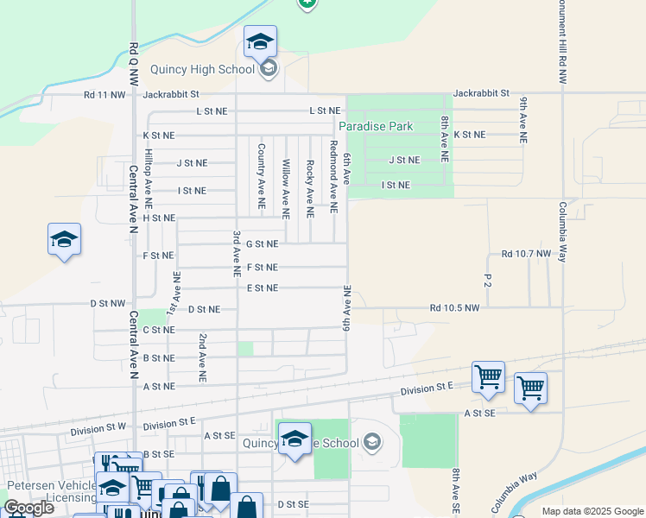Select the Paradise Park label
[376, 126]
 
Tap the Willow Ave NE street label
[286, 187]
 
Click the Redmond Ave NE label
[333, 176]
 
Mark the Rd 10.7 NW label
[526, 254]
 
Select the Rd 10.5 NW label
[455, 308]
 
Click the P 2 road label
[488, 281]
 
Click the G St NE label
[262, 244]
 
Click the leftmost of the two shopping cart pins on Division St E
[488, 378]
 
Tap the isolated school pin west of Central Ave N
[65, 240]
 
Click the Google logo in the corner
[28, 508]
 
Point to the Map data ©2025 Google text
[592, 511]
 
